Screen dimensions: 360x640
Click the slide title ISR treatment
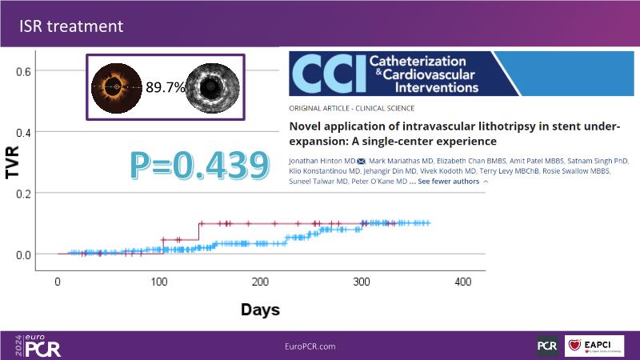[x=71, y=26]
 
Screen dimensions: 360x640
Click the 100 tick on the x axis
[x=159, y=282]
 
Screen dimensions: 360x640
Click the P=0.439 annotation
[x=198, y=164]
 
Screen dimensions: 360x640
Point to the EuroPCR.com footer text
[x=310, y=346]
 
